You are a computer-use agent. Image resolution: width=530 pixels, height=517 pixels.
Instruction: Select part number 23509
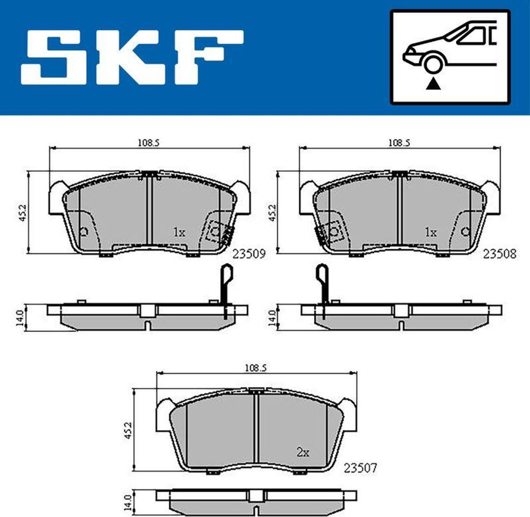[x=249, y=254]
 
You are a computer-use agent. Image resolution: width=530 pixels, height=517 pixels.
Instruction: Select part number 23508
[x=499, y=254]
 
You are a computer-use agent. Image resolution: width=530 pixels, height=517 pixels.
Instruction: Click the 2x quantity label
[x=303, y=453]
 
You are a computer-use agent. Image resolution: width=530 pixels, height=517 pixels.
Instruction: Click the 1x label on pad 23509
[x=179, y=233]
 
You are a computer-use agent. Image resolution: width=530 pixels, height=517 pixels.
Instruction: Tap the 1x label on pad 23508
[x=430, y=233]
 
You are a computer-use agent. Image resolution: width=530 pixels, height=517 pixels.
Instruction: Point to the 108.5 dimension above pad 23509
[x=149, y=144]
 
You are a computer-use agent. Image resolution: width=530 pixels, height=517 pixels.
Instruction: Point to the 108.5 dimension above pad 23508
[x=399, y=144]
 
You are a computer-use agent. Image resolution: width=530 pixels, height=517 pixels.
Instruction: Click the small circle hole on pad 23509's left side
[x=85, y=232]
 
